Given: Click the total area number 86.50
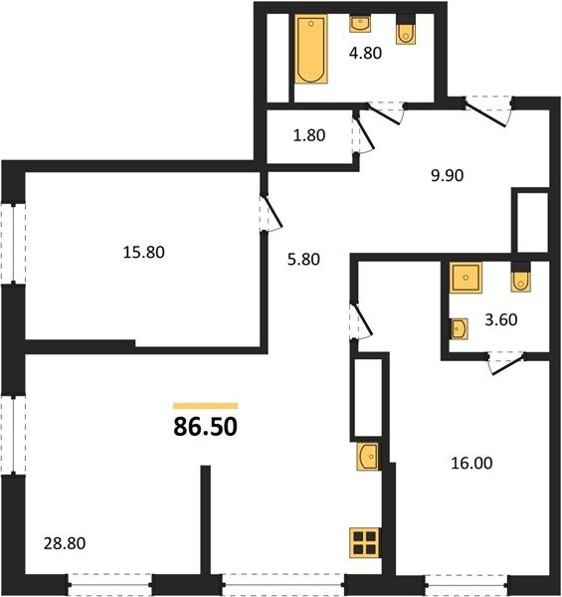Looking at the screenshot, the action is point(206,427).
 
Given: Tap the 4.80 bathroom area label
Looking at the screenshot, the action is point(365,53).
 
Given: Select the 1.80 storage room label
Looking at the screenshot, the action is point(309,135).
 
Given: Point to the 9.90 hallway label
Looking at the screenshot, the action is point(447,175).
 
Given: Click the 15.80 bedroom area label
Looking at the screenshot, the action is point(144,253).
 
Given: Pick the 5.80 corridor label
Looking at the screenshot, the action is point(303,260).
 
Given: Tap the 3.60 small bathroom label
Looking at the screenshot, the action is point(501,319).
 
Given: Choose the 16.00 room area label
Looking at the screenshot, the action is point(471,464).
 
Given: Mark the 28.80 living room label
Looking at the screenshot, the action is point(65,543).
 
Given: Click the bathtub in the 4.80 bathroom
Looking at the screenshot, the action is point(311,49).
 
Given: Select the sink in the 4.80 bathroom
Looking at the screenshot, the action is point(359,24).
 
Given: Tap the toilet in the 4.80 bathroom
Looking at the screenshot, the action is point(406,30).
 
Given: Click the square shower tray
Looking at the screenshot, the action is point(466,278).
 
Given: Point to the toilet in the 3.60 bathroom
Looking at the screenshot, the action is point(521,278).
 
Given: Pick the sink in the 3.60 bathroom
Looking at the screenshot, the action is point(459,328).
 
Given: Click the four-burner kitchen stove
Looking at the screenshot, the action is point(365,543).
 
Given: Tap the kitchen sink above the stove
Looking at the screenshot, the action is point(368,456).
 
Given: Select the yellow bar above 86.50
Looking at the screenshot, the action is point(206,406).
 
